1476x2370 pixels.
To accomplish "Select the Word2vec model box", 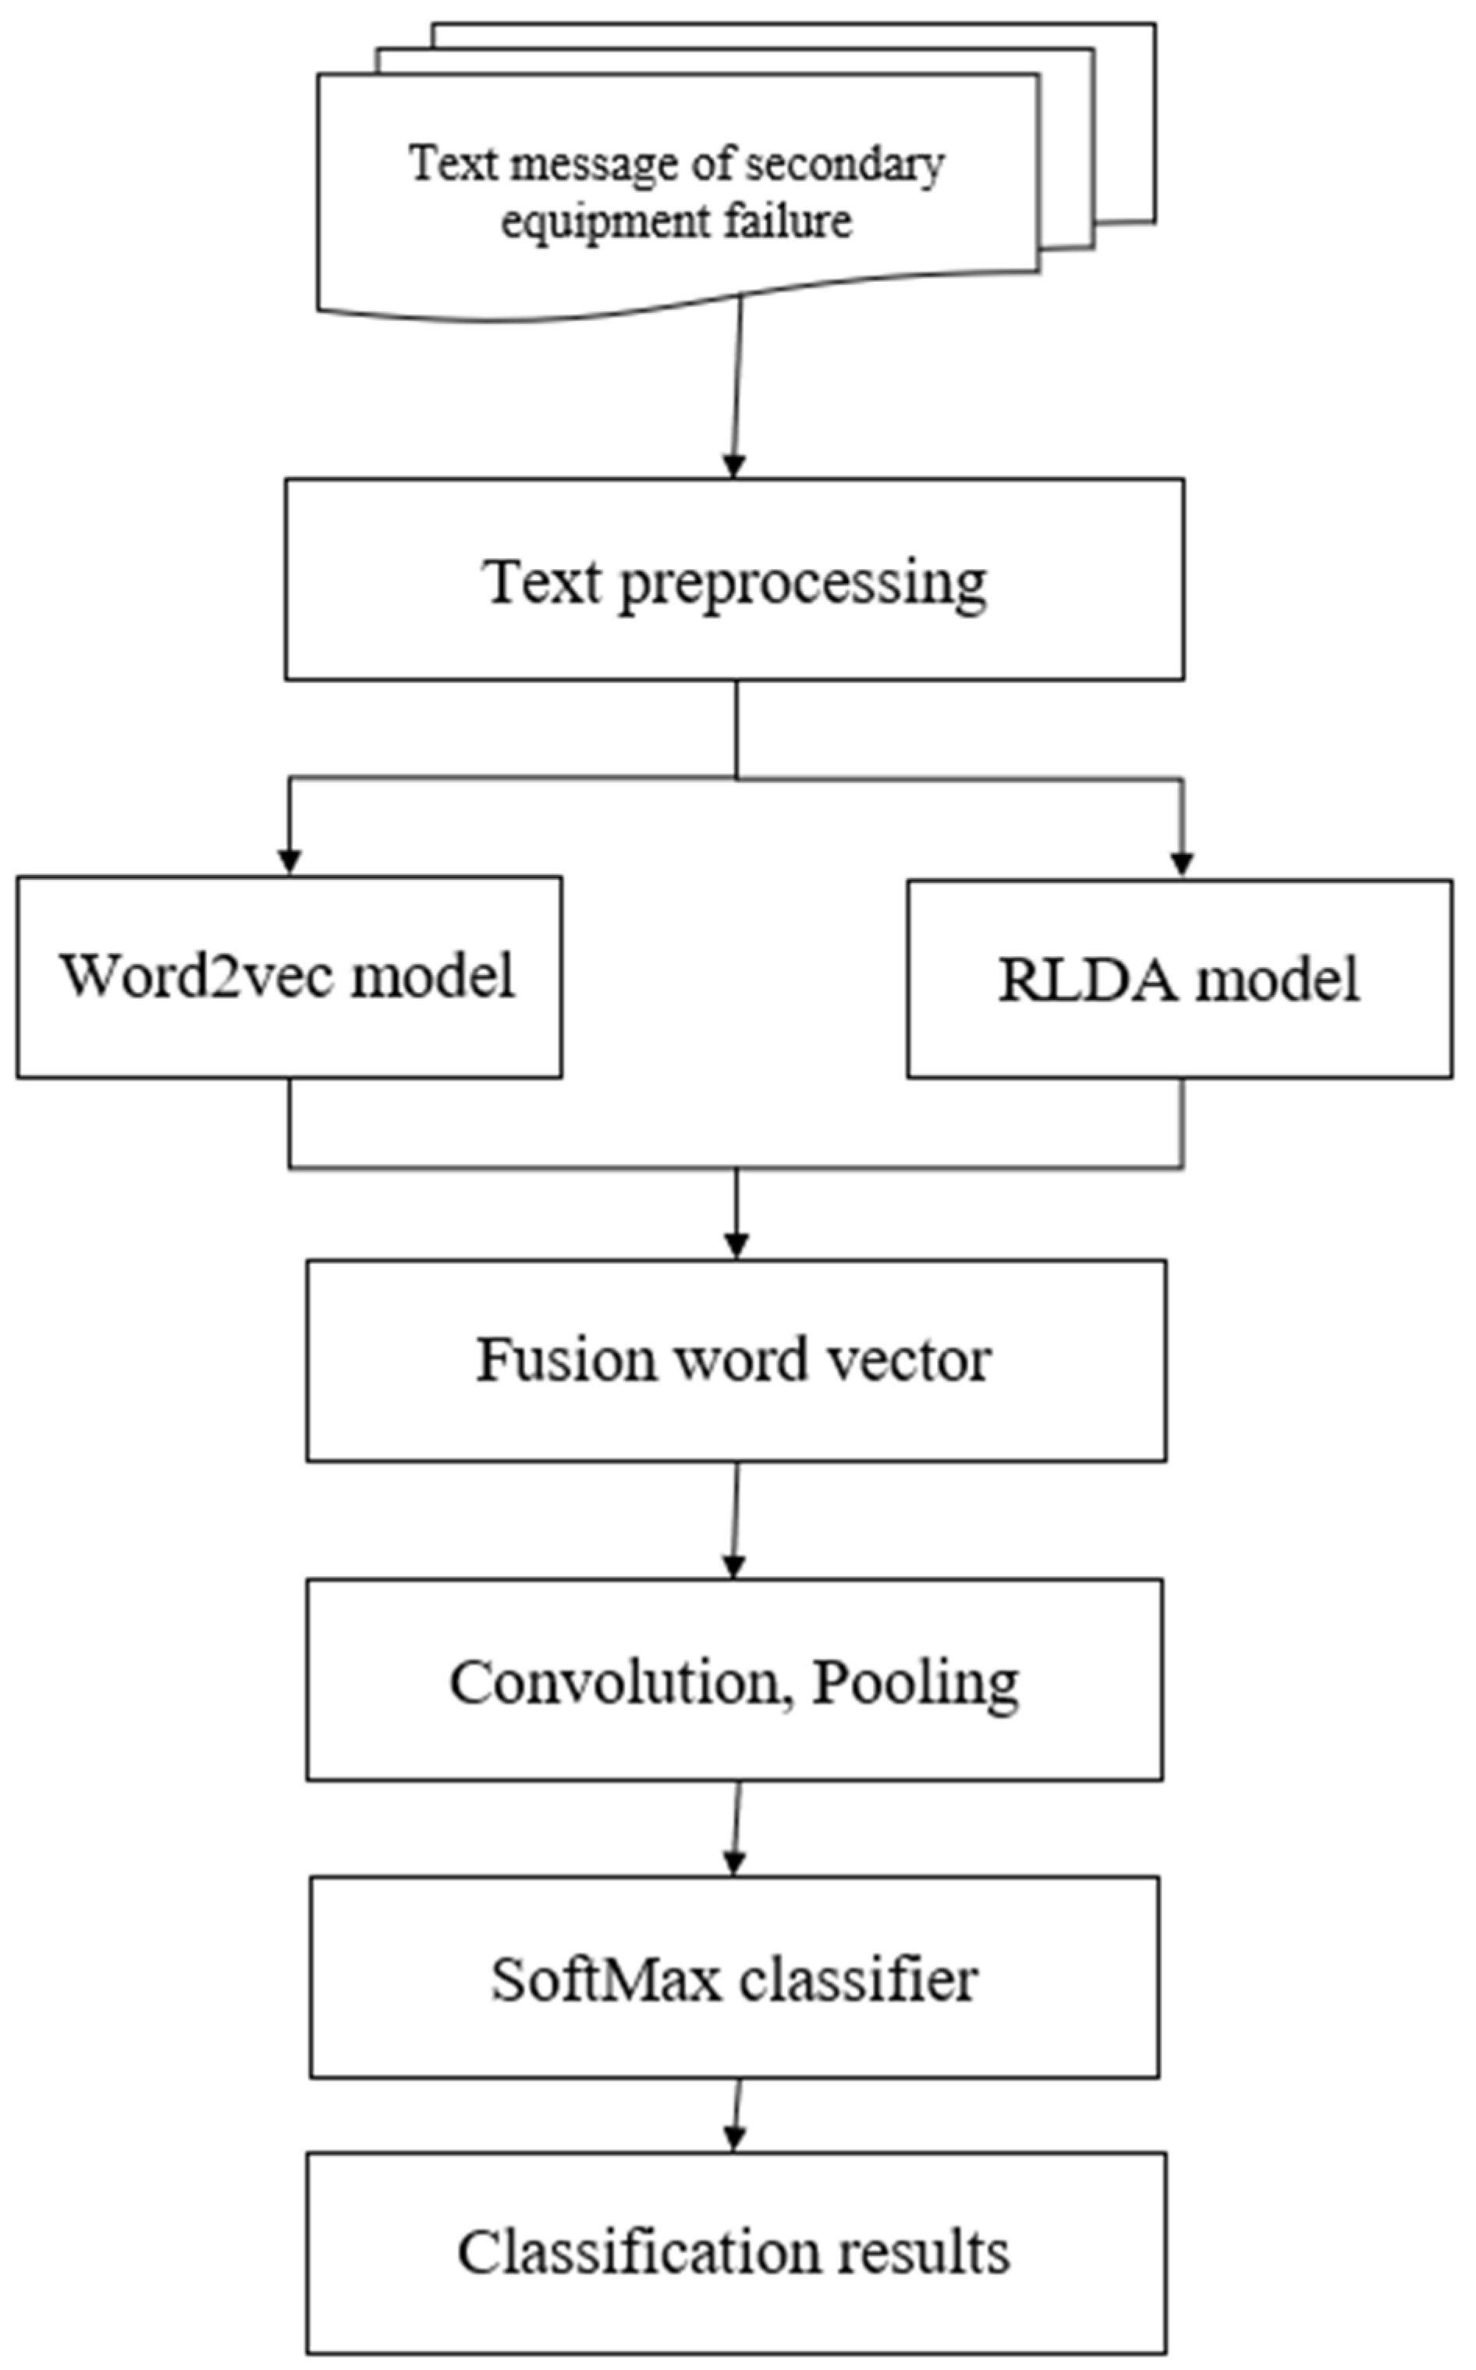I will click(289, 977).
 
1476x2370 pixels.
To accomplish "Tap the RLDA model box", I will click(1180, 980).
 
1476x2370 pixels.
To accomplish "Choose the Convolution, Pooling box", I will click(734, 1681).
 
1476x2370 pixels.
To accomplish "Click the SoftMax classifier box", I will click(734, 1977).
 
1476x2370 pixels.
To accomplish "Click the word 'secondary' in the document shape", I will click(846, 165).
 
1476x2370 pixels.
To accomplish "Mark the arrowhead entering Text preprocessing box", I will click(734, 466).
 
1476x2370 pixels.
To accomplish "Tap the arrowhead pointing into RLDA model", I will click(1182, 865).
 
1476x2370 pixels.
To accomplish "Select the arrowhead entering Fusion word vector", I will click(737, 1246).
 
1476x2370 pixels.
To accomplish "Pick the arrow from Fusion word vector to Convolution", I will click(736, 1518).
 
